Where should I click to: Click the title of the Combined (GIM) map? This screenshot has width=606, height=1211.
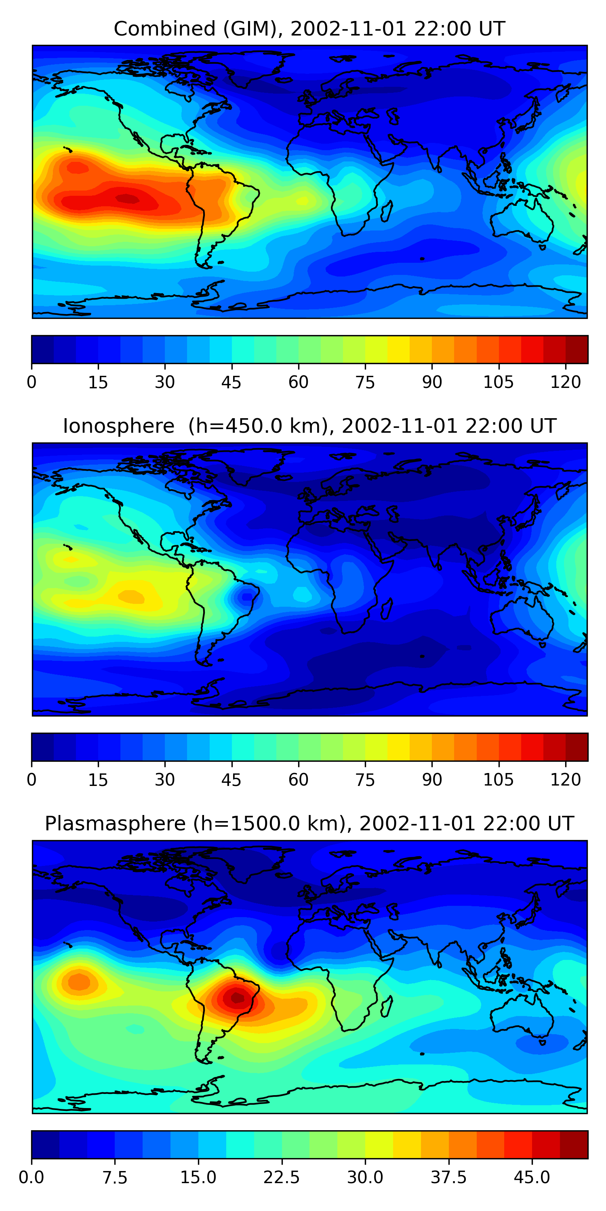309,29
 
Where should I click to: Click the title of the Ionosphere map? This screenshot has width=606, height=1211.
309,426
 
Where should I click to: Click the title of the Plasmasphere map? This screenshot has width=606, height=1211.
309,823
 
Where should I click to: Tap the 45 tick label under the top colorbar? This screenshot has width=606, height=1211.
231,383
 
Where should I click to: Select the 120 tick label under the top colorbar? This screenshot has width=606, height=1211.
565,383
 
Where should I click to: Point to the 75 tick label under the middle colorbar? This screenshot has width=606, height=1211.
365,780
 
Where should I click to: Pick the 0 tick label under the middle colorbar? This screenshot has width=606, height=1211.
32,780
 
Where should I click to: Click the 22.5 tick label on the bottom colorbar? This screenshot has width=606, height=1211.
281,1177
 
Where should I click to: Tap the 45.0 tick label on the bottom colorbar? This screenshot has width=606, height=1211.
532,1177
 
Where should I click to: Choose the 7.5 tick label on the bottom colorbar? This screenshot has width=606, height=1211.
115,1177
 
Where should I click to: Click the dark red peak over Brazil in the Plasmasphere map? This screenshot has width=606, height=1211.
238,997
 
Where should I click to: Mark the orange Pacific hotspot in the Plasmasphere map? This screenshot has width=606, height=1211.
79,982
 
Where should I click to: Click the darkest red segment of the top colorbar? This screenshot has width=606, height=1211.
577,349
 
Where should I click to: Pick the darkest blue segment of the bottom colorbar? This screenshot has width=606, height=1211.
45,1144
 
